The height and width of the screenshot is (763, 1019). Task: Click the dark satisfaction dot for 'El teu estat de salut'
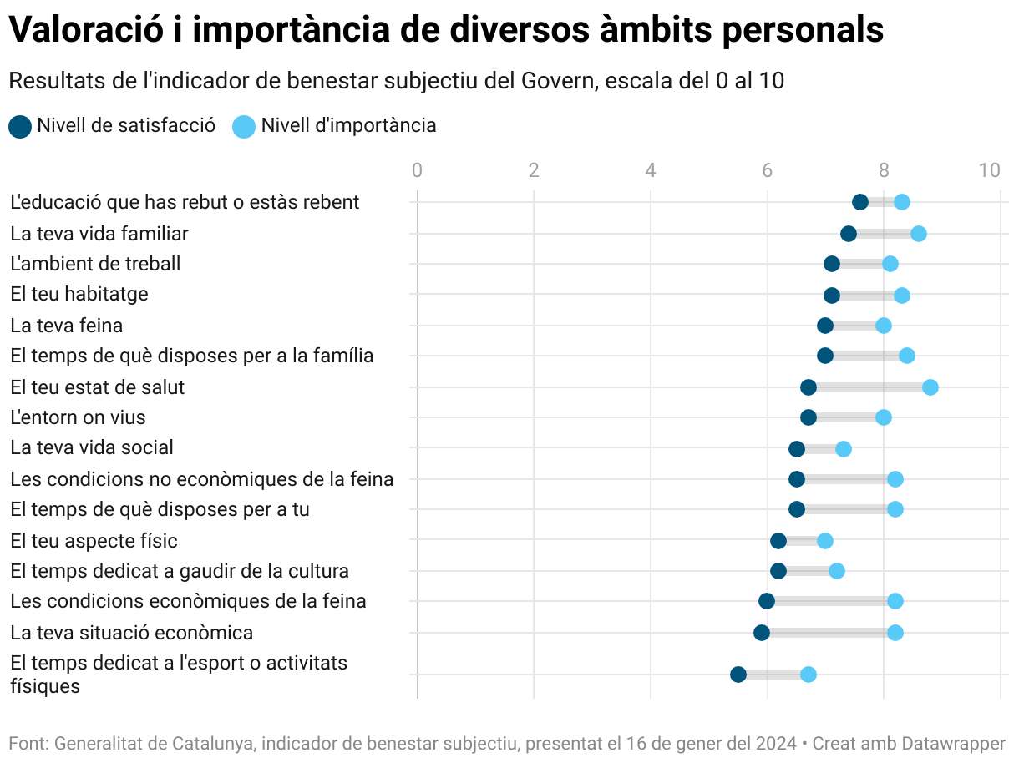(x=808, y=387)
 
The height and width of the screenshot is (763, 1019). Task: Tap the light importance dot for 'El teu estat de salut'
(x=930, y=387)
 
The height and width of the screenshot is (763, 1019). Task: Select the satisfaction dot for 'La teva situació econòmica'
(x=761, y=633)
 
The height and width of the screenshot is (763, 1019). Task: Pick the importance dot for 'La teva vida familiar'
(x=918, y=234)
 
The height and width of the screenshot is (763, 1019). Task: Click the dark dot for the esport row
(x=738, y=675)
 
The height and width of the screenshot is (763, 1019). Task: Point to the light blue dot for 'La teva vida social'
(x=843, y=449)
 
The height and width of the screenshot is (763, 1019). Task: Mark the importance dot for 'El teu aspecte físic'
(x=824, y=541)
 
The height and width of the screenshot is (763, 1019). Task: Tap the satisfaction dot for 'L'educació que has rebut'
(x=859, y=202)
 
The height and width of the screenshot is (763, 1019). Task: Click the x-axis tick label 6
(x=767, y=171)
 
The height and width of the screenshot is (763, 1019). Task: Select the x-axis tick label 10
(x=989, y=171)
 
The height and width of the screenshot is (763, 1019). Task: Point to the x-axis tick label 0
(x=417, y=171)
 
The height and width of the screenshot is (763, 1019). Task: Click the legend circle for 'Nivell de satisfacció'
(x=20, y=126)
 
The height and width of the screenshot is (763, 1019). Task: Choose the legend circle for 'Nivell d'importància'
(x=243, y=126)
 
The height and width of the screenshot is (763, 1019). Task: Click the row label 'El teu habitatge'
(x=79, y=295)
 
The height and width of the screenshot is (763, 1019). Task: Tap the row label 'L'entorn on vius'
(x=79, y=417)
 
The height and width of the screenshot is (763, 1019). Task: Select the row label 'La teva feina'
(x=67, y=326)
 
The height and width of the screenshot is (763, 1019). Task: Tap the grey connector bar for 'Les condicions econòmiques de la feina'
(x=831, y=602)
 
